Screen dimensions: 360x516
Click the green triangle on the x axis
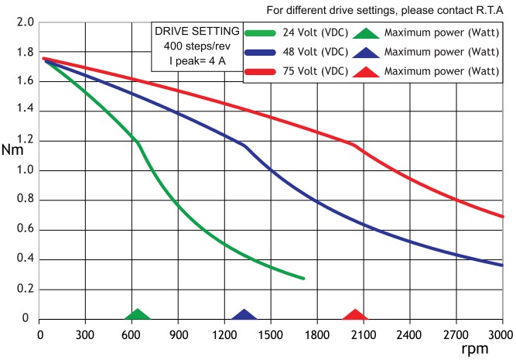tap(138, 314)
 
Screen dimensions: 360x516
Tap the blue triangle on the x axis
tap(244, 314)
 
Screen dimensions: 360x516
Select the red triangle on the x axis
tap(355, 314)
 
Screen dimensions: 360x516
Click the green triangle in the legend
tap(367, 33)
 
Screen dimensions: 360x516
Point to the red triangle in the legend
tap(367, 71)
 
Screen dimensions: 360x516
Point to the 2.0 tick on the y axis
tap(26, 22)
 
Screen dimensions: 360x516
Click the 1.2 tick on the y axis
tap(26, 141)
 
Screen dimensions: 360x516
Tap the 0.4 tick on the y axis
tap(26, 259)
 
